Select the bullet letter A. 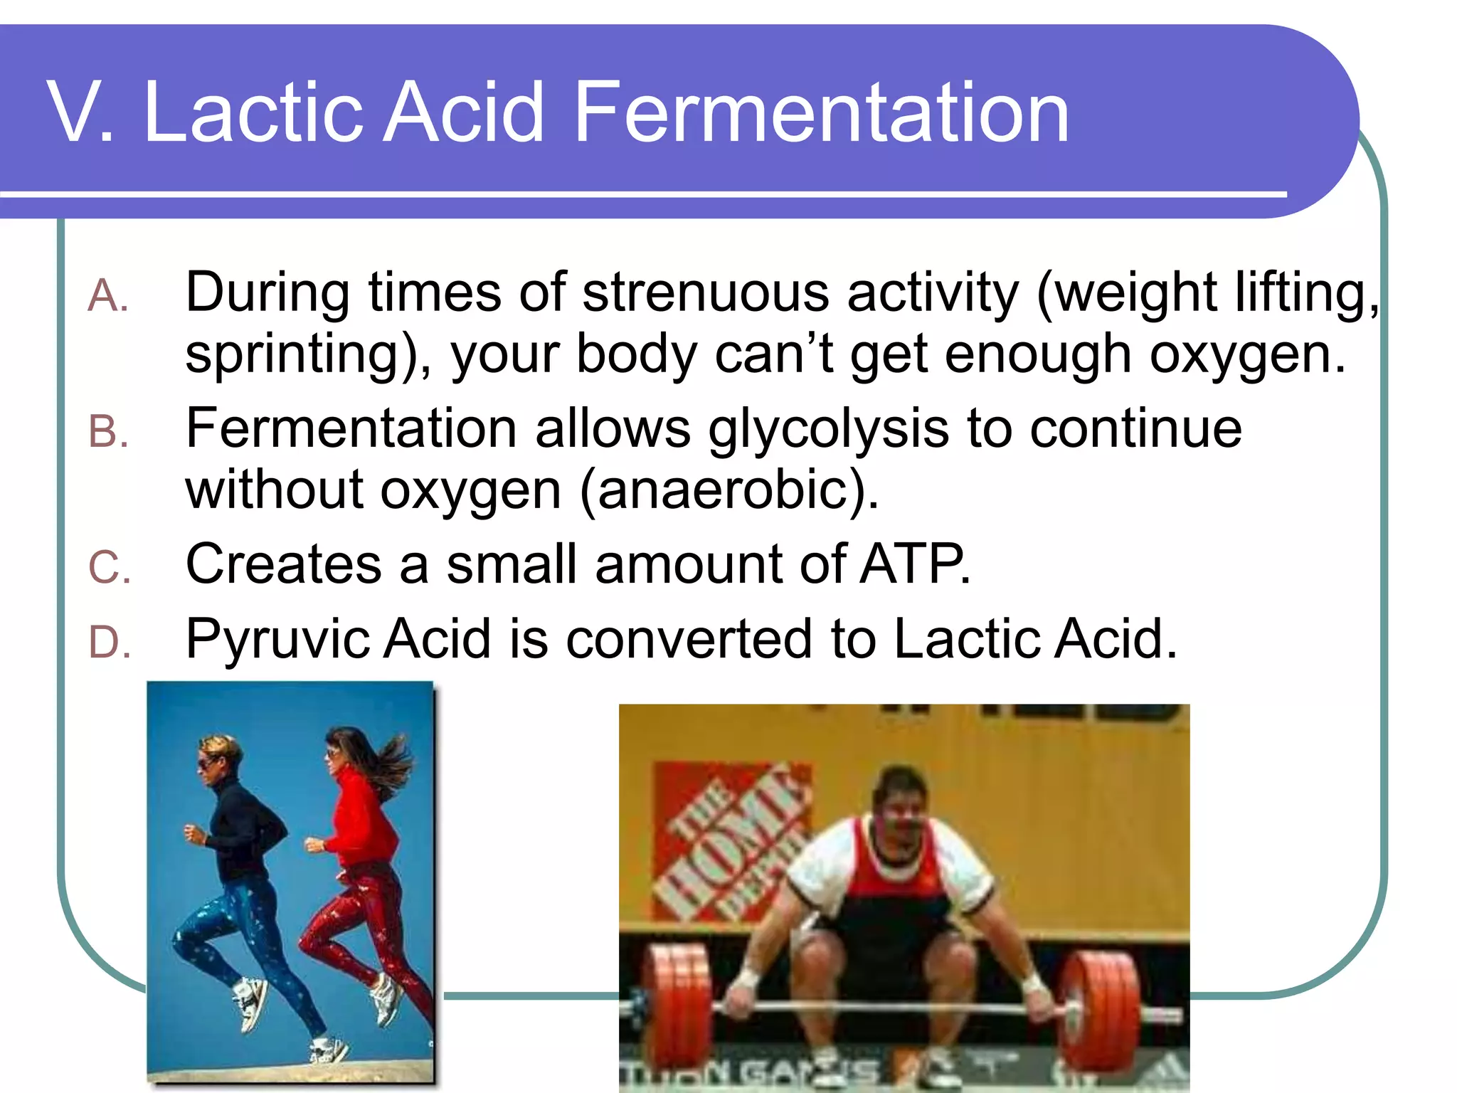click(x=107, y=296)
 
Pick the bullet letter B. click(x=107, y=432)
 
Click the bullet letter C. click(x=109, y=568)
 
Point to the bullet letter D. click(x=109, y=643)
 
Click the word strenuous click(x=706, y=293)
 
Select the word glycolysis click(x=828, y=431)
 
